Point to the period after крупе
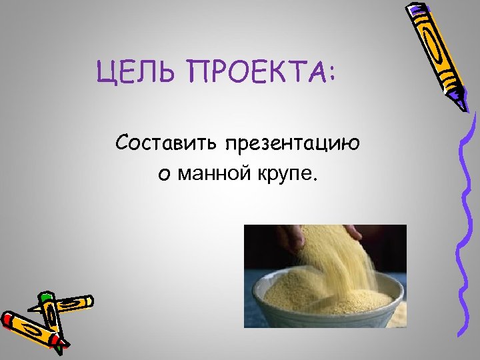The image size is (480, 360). pyautogui.click(x=317, y=181)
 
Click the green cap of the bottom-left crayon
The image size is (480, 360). pyautogui.click(x=46, y=297)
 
